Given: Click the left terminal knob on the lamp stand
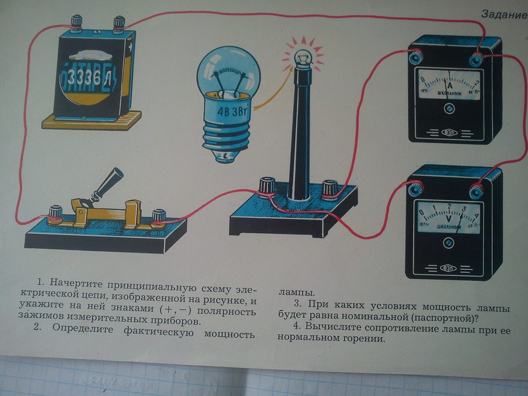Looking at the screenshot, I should coord(267,185).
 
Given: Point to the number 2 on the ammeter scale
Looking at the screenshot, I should coord(477,82).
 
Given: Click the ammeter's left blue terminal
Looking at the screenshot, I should coord(414,56).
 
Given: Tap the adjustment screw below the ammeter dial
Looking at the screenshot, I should coord(448,108).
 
